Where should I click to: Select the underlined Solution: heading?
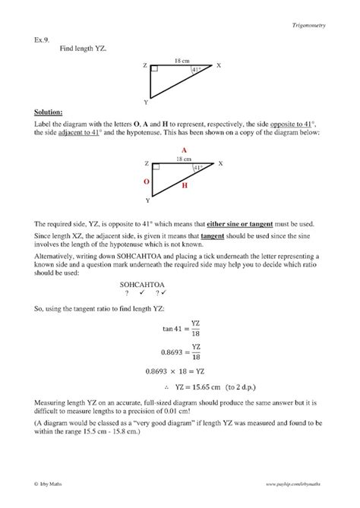[x=47, y=112]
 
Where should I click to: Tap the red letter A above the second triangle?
[x=183, y=150]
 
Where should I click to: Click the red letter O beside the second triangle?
[x=147, y=182]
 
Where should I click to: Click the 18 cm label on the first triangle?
[x=182, y=59]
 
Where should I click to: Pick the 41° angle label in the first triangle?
[x=197, y=70]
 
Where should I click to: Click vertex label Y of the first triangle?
[x=145, y=101]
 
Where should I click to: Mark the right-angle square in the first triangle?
[x=154, y=69]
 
